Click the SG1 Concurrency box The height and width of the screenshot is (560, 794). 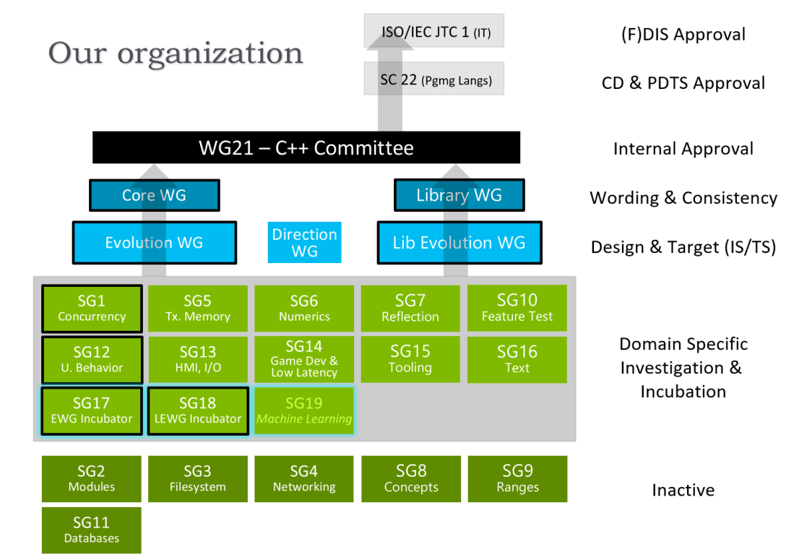click(x=92, y=309)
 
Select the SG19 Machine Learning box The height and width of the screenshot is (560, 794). click(x=304, y=410)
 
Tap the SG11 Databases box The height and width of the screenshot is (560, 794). click(x=92, y=530)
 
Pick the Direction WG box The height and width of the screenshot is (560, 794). click(x=304, y=243)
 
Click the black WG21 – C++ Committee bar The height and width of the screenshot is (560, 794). click(x=306, y=148)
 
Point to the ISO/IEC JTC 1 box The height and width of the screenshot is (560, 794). click(x=432, y=33)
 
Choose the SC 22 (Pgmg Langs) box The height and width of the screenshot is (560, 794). click(x=432, y=79)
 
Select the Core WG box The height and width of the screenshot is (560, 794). click(x=154, y=195)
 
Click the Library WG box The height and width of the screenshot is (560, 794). click(x=459, y=195)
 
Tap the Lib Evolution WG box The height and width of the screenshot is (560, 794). click(x=459, y=243)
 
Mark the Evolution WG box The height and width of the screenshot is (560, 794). click(x=154, y=243)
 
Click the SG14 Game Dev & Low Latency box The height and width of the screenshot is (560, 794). click(x=304, y=359)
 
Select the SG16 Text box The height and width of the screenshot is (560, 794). click(x=517, y=359)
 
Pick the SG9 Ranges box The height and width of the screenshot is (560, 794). click(x=517, y=478)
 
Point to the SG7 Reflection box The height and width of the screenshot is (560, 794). click(x=410, y=309)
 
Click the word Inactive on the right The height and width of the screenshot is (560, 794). click(x=683, y=491)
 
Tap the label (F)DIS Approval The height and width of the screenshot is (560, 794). click(x=683, y=34)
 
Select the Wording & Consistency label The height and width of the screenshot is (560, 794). click(x=683, y=198)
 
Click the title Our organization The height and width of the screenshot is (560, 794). click(x=176, y=53)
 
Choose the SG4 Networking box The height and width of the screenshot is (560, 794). click(x=304, y=478)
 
